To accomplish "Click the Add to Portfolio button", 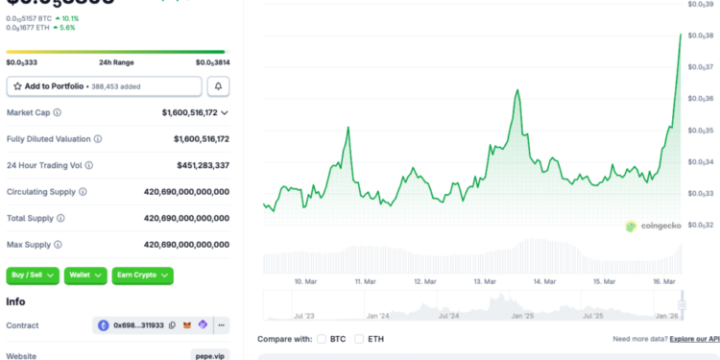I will point(104,86).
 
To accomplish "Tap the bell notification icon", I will point(219,86).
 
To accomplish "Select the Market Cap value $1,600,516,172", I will point(189,112).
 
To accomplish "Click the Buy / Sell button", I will point(33,276).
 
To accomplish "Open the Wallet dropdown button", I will point(85,276).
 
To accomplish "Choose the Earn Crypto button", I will point(142,276).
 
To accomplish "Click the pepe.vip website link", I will point(211,355).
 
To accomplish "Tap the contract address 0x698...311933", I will point(138,326).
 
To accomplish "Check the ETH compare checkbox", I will point(359,339).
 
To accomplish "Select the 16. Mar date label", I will point(662,281).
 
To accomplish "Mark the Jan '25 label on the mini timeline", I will point(522,315).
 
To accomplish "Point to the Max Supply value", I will point(186,245).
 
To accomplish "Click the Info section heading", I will point(15,301).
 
